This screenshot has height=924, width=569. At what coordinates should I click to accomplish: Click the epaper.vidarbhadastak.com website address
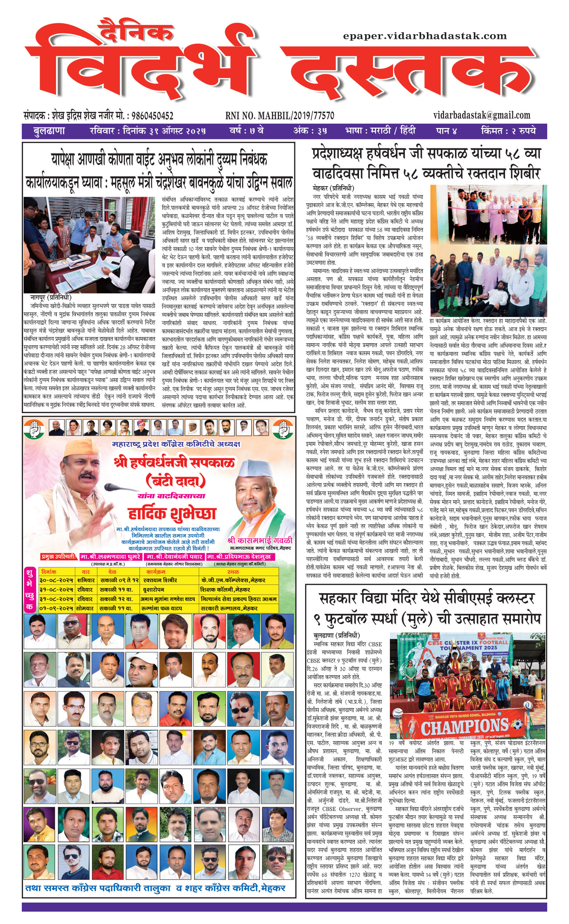pyautogui.click(x=424, y=36)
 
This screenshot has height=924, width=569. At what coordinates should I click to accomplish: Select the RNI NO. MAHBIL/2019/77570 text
pyautogui.click(x=280, y=116)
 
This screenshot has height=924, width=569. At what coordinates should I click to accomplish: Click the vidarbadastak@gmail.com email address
pyautogui.click(x=481, y=115)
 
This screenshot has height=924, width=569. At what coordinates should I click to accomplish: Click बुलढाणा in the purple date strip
pyautogui.click(x=49, y=131)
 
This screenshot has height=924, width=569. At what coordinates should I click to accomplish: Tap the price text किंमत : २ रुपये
pyautogui.click(x=508, y=131)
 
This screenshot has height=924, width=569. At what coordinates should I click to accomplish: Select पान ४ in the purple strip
pyautogui.click(x=446, y=131)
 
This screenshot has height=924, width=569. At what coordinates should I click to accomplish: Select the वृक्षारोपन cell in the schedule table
pyautogui.click(x=154, y=589)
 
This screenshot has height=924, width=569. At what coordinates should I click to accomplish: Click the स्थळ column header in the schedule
pyautogui.click(x=233, y=572)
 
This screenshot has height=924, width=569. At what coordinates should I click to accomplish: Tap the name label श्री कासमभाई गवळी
pyautogui.click(x=260, y=540)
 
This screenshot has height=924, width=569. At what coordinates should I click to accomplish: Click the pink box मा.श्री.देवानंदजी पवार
pyautogui.click(x=175, y=556)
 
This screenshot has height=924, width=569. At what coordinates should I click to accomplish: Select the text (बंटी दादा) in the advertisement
pyautogui.click(x=175, y=481)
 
